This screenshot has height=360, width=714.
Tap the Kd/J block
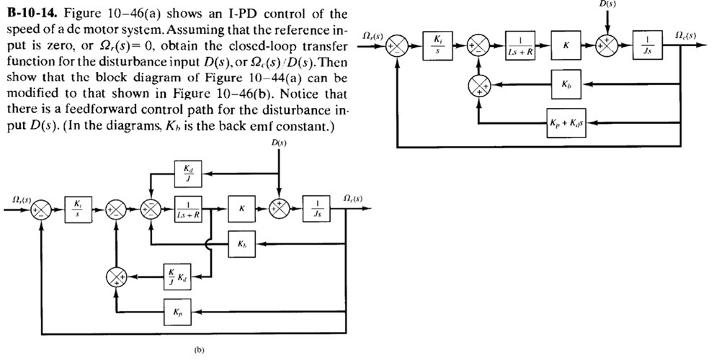click(185, 174)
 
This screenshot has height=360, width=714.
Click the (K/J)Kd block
click(176, 276)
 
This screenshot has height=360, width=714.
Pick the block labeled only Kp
click(176, 313)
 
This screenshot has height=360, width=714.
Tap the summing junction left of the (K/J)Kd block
click(117, 276)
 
